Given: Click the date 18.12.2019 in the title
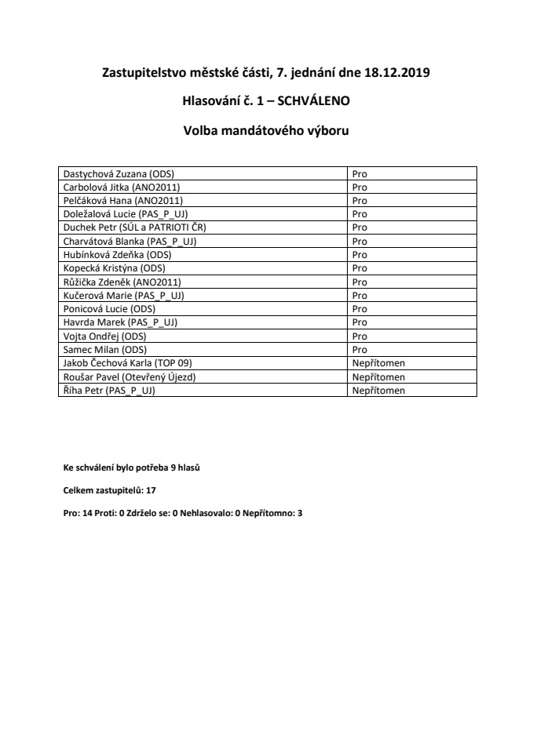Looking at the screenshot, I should tap(397, 73).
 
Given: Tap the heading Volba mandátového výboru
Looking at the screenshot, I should tap(266, 132).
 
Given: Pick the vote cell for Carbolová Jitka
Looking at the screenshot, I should tap(360, 187).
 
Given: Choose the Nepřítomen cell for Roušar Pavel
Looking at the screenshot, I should tap(378, 376).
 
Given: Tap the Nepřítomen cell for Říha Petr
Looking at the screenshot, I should tap(378, 390).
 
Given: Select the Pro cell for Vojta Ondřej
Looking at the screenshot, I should tap(360, 336).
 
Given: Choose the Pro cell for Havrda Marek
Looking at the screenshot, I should tap(360, 322).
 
